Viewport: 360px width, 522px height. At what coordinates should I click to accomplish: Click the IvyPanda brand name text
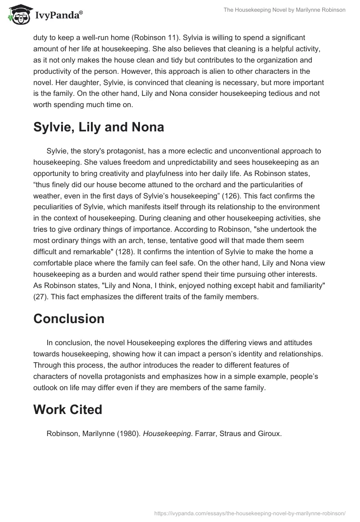coord(58,15)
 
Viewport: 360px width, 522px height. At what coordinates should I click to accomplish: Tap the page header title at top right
coord(284,10)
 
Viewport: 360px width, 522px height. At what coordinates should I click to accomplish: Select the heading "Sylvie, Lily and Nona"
coord(99,127)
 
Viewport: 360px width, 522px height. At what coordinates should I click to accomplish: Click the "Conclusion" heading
coord(69,319)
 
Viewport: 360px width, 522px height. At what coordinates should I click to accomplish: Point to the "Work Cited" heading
coord(67,409)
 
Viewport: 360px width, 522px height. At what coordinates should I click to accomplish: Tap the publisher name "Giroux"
coord(268,434)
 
